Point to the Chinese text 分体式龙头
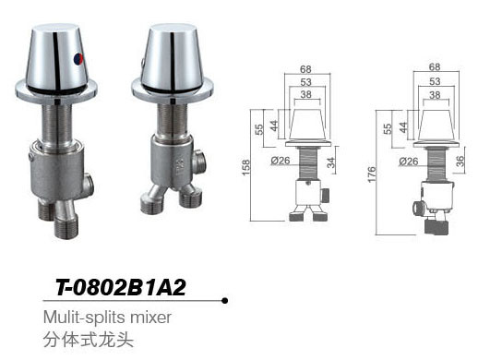click(89, 339)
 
